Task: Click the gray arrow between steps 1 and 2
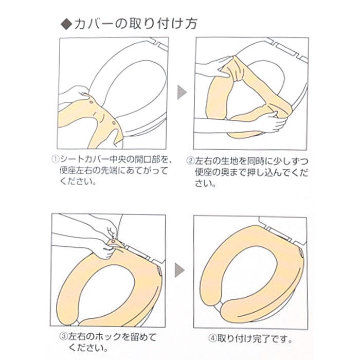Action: (x=181, y=93)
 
